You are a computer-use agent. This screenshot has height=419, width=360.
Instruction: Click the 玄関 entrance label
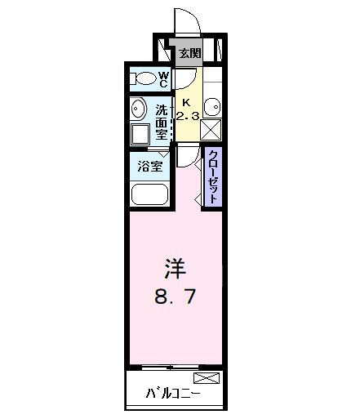click(190, 54)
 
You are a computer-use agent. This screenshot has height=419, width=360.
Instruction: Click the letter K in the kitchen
click(186, 103)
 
